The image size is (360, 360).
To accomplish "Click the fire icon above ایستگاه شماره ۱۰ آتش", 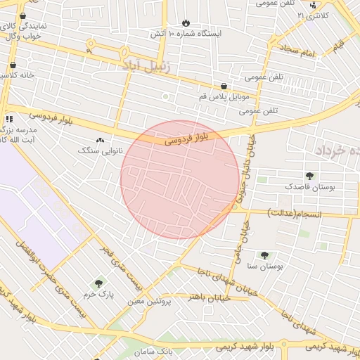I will click(x=186, y=22).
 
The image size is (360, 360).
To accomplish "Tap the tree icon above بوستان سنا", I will click(x=264, y=255).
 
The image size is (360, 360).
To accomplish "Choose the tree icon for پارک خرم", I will click(x=98, y=283).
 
